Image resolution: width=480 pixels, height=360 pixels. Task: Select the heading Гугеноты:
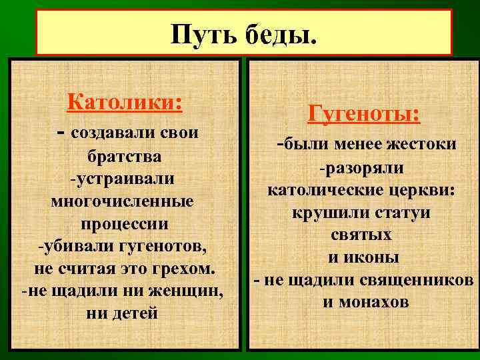[x=364, y=114]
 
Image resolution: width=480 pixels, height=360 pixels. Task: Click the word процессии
[x=124, y=223]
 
